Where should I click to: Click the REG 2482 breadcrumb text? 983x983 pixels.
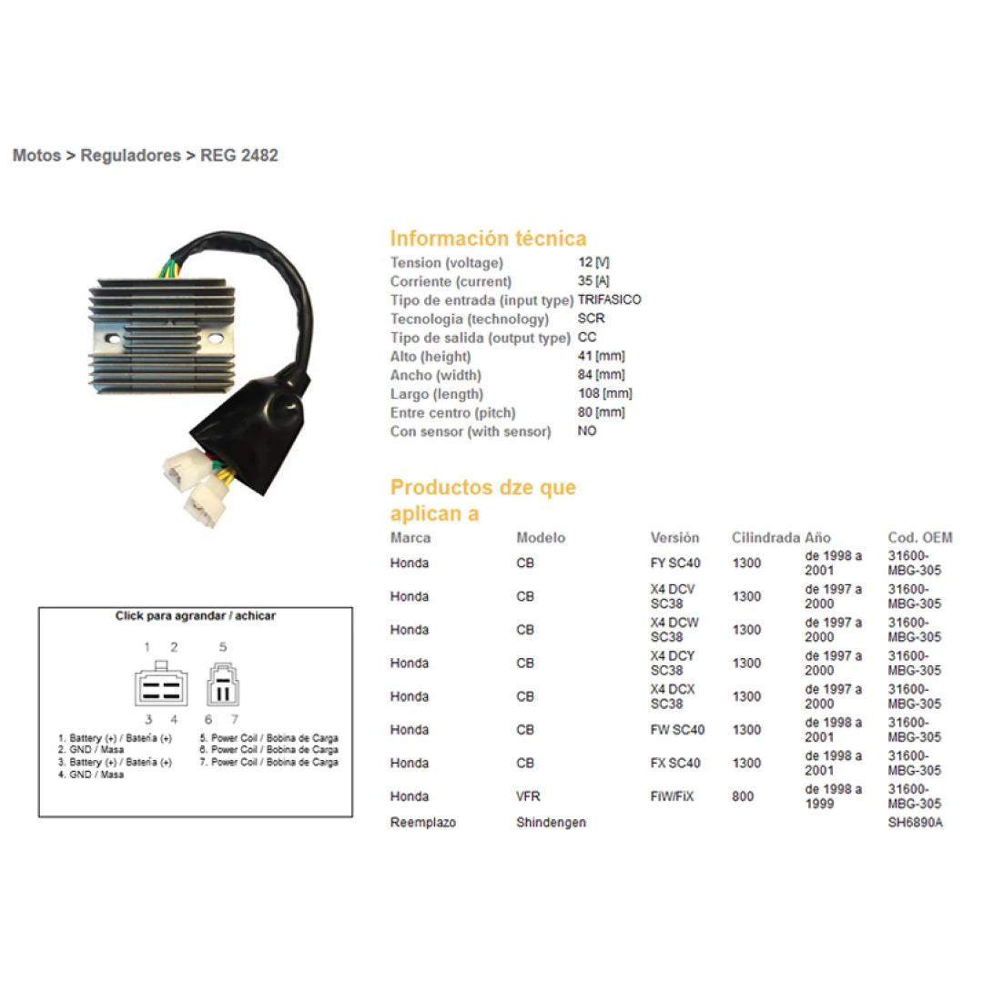[x=238, y=156]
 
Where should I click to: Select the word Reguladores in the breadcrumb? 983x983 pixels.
[x=130, y=156]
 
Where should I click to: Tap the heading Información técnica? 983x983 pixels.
[x=489, y=238]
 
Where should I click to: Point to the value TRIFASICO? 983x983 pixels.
[x=609, y=299]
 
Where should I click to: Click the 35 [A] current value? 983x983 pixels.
[x=593, y=281]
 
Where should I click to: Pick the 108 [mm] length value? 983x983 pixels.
[x=605, y=394]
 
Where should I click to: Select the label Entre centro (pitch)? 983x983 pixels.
[x=452, y=412]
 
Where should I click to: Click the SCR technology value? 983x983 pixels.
[x=592, y=319]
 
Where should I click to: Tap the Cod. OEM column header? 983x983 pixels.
[x=919, y=537]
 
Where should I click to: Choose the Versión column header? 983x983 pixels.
[x=674, y=537]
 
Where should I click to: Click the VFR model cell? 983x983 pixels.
[x=528, y=796]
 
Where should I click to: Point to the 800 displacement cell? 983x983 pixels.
[x=743, y=796]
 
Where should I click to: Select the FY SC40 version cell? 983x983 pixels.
[x=675, y=563]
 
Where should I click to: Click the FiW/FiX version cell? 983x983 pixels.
[x=672, y=796]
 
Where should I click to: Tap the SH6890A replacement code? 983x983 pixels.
[x=916, y=822]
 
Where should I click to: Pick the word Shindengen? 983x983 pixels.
[x=551, y=822]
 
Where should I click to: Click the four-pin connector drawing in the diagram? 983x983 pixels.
[x=161, y=684]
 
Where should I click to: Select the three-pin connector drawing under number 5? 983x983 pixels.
[x=223, y=684]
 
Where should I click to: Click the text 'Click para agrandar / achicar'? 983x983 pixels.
[x=196, y=615]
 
